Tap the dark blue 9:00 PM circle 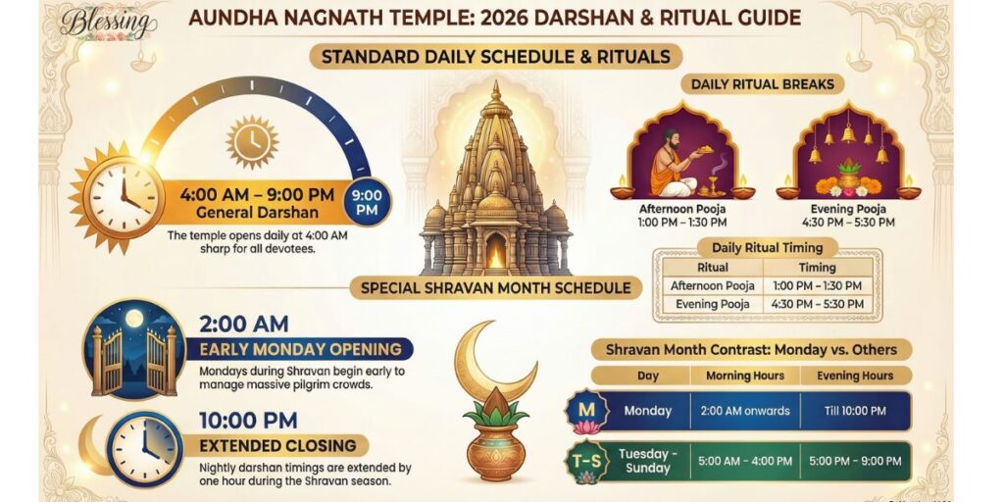pyautogui.click(x=368, y=202)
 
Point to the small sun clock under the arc pyautogui.click(x=252, y=142)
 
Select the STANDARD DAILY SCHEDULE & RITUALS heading pyautogui.click(x=495, y=56)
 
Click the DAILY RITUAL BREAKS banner pyautogui.click(x=763, y=84)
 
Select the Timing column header pyautogui.click(x=817, y=267)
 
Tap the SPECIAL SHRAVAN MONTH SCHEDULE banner pyautogui.click(x=496, y=288)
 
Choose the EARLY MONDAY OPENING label pyautogui.click(x=299, y=350)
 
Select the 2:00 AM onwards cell pyautogui.click(x=744, y=411)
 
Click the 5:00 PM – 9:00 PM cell pyautogui.click(x=855, y=459)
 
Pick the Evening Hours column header pyautogui.click(x=855, y=376)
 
